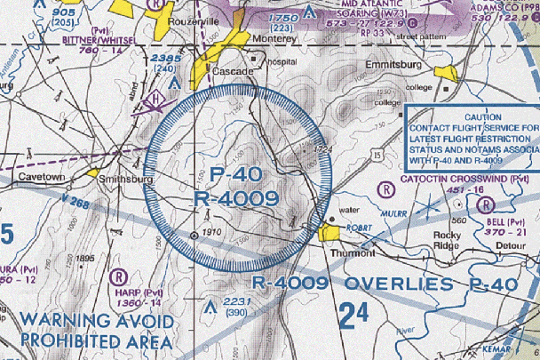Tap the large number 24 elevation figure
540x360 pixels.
[353, 314]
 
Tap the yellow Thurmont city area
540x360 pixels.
[330, 233]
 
